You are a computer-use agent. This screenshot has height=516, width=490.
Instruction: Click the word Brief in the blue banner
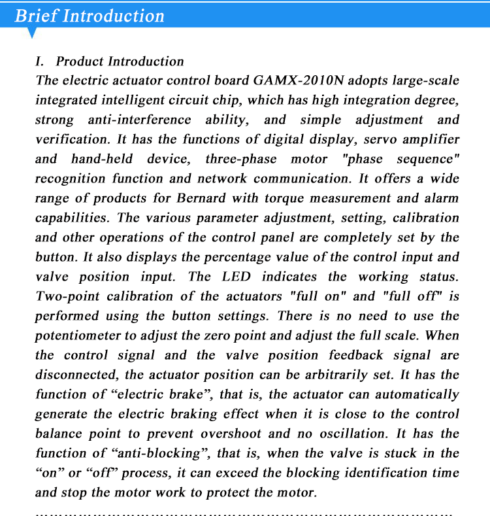point(35,15)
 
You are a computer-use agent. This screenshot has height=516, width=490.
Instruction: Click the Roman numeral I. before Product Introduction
point(41,61)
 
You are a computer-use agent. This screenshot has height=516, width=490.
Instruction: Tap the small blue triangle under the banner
point(31,33)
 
